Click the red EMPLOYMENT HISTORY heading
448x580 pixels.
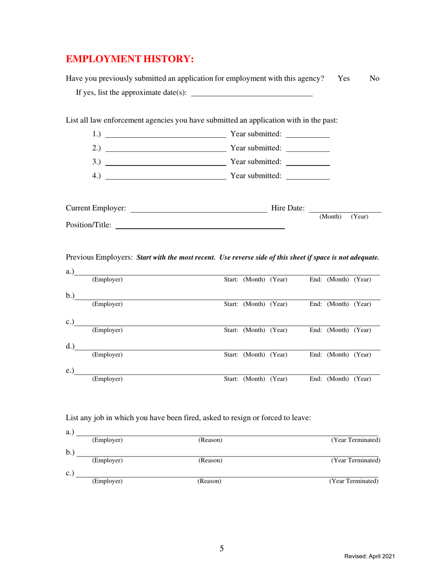[130, 59]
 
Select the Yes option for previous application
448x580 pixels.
[344, 79]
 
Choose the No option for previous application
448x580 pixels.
[375, 79]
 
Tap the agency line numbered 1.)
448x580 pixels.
[165, 135]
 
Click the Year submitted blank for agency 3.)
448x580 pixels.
[308, 163]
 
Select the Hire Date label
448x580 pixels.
[288, 208]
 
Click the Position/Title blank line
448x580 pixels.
[200, 226]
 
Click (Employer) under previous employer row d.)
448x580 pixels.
[108, 354]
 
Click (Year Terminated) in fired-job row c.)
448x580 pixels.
[354, 481]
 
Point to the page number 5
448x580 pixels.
[222, 548]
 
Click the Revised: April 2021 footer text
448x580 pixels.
[369, 556]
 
